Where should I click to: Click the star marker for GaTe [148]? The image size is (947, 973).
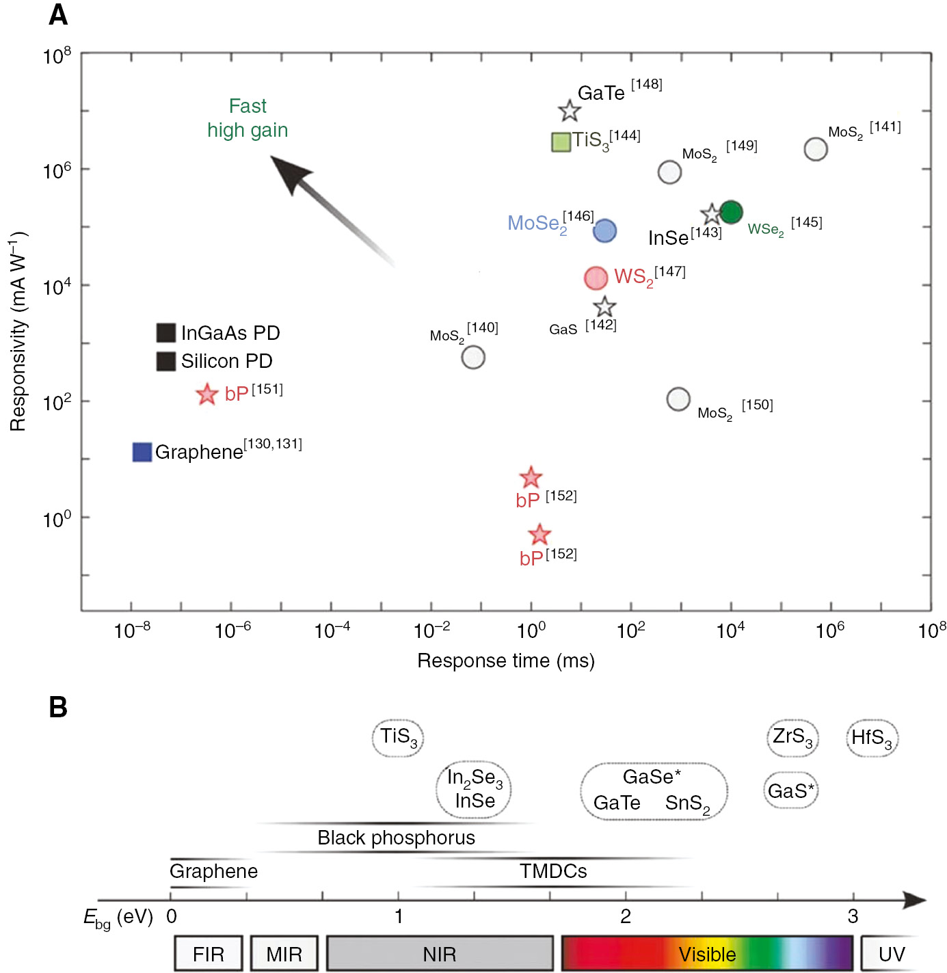coord(569,111)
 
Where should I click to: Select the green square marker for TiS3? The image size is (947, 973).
coord(561,142)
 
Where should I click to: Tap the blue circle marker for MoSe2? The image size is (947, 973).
coord(604,231)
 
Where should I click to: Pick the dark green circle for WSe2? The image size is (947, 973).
coord(731,213)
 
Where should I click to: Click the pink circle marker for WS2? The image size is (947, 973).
coord(596,278)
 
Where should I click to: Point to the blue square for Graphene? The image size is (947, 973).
coord(142,452)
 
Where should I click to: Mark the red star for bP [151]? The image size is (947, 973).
coord(206,394)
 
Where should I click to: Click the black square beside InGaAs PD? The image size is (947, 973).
coord(166,333)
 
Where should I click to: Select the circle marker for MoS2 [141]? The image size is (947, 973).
coord(816,148)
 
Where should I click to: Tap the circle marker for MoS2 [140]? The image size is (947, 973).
coord(473,357)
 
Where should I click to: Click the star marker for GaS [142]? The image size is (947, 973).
coord(604,307)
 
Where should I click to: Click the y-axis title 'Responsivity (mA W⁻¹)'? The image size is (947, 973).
coord(18,332)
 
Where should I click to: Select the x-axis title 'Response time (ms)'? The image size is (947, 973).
coord(506,661)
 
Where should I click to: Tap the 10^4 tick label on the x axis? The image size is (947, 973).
coord(730,630)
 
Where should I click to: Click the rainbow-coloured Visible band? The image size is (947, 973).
coord(707,954)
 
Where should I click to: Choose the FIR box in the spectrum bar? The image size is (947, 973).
coord(209,954)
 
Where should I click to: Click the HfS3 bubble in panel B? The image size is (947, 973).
coord(872,738)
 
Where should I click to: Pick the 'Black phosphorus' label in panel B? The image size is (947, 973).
coord(396,838)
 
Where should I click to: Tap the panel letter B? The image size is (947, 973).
coord(58,707)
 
